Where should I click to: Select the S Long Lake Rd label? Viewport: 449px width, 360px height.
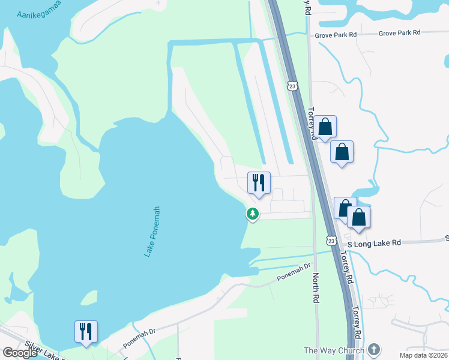[x=374, y=243]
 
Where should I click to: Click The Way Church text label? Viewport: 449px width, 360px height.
[x=334, y=350]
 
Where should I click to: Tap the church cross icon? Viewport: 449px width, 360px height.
[x=374, y=350]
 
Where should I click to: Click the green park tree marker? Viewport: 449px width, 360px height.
[x=253, y=214]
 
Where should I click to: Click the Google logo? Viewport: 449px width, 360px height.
[x=20, y=353]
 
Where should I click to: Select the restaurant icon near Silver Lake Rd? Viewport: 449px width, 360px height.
[x=86, y=331]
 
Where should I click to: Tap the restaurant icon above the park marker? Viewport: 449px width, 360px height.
[x=259, y=183]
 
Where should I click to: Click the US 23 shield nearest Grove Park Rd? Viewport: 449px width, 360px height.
[x=292, y=86]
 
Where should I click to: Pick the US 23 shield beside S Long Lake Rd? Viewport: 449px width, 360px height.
[x=331, y=241]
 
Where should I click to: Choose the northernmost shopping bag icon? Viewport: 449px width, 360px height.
[x=325, y=127]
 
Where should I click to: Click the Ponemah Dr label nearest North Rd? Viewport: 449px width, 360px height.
[x=294, y=273]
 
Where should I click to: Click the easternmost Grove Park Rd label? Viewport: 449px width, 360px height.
[x=399, y=33]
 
